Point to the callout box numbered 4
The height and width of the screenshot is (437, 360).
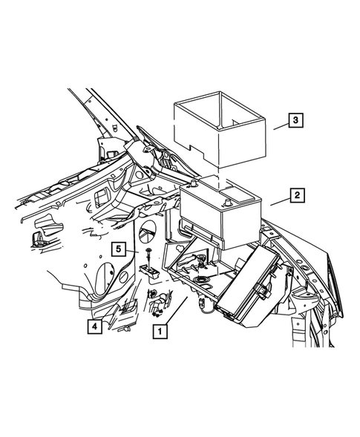click(94, 326)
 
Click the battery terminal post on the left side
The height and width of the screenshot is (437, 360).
click(194, 183)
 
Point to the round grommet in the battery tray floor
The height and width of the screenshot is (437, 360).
click(203, 280)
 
